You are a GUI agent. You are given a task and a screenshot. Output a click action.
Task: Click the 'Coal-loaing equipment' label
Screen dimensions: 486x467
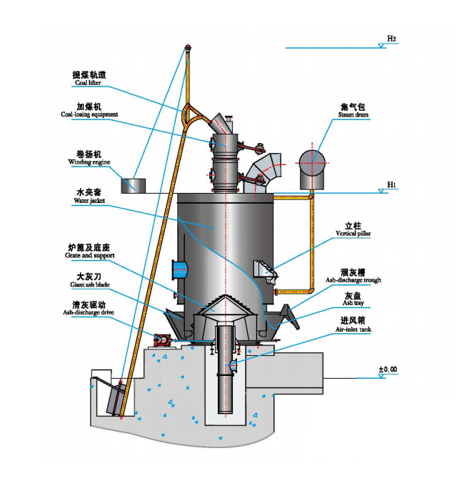point(89,114)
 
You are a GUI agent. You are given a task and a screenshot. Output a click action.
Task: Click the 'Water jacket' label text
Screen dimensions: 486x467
point(89,201)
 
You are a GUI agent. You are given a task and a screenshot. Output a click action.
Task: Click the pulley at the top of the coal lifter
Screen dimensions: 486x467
point(188,49)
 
